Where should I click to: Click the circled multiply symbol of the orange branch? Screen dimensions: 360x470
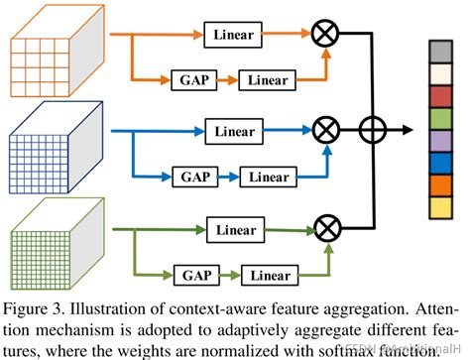(x=323, y=36)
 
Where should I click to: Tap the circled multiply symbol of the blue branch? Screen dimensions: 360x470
(x=323, y=129)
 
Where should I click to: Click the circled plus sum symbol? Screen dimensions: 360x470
(x=372, y=129)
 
